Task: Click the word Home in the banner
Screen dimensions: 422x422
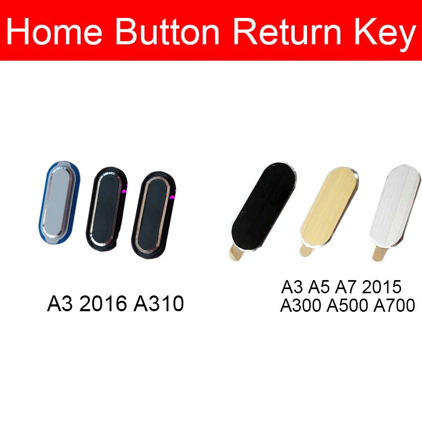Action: (x=54, y=31)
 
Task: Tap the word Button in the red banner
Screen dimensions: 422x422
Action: (x=167, y=31)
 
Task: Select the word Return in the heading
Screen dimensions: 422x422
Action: (x=287, y=31)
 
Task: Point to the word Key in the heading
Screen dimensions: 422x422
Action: (x=386, y=34)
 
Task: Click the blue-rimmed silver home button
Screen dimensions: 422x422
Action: (x=59, y=203)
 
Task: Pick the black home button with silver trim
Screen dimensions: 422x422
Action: (x=107, y=209)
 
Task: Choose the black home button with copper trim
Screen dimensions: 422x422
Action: (x=154, y=215)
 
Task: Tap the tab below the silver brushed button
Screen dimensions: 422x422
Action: (x=379, y=254)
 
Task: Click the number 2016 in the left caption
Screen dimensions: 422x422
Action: (x=103, y=304)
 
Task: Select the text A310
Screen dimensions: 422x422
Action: (x=159, y=304)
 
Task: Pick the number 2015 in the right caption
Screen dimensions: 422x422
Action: (x=381, y=287)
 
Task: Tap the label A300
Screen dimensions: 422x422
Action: (x=301, y=305)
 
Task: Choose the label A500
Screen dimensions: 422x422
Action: (x=347, y=305)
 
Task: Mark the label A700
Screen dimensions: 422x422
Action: (x=394, y=305)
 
